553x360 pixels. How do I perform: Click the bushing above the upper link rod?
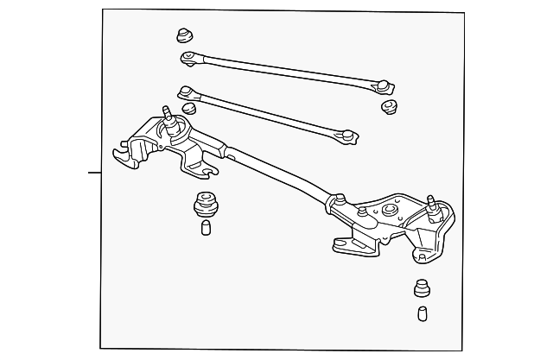(x=184, y=36)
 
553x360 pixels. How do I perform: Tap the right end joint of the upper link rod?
(x=384, y=85)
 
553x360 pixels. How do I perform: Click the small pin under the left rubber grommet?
(x=206, y=227)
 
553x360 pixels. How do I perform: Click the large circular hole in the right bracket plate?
(x=390, y=209)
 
